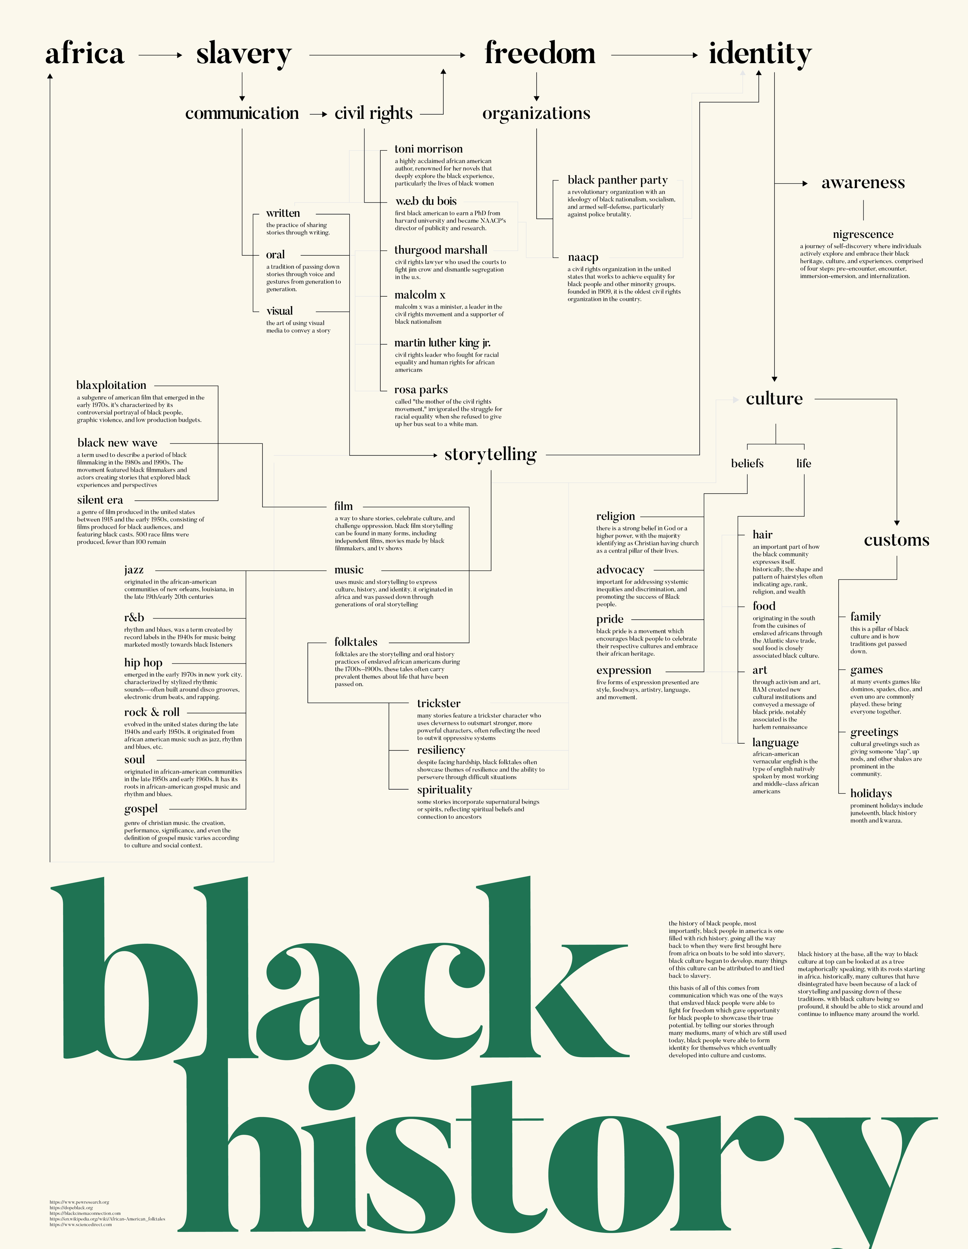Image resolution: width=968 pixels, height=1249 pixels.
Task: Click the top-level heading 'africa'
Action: pyautogui.click(x=85, y=54)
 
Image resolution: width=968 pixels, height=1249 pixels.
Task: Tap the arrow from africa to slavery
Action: pyautogui.click(x=160, y=55)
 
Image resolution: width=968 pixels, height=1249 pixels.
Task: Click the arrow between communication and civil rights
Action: pyautogui.click(x=318, y=114)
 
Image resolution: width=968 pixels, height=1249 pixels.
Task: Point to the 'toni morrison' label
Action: pyautogui.click(x=428, y=149)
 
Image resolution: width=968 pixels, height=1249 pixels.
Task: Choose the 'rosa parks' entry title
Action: pyautogui.click(x=421, y=390)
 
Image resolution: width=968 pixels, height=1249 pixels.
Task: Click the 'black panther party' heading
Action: pyautogui.click(x=618, y=180)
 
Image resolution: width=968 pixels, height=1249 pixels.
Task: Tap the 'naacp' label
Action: pyautogui.click(x=583, y=258)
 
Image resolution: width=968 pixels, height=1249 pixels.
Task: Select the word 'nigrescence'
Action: pyautogui.click(x=863, y=234)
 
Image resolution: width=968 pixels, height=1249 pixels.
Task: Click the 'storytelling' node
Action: pyautogui.click(x=490, y=455)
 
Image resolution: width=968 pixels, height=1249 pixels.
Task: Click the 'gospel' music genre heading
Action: pyautogui.click(x=141, y=809)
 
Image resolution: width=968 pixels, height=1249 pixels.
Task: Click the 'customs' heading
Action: pyautogui.click(x=896, y=540)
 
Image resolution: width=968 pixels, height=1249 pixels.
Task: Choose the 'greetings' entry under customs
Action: pyautogui.click(x=874, y=733)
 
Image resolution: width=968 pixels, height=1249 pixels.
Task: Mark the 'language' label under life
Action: pyautogui.click(x=775, y=743)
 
